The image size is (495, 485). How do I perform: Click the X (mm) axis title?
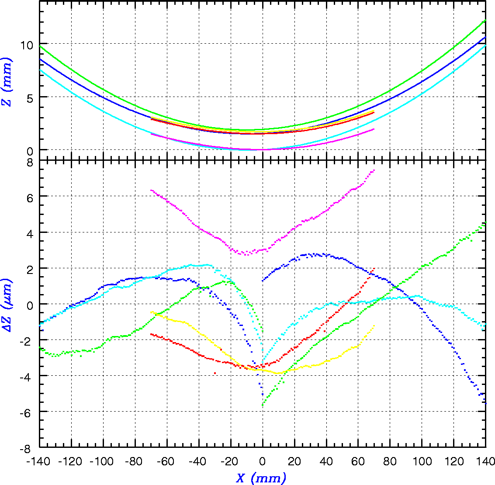261,478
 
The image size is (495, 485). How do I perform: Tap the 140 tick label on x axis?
485,461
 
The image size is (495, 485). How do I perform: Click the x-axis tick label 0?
263,461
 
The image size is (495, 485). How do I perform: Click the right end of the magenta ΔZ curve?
374,170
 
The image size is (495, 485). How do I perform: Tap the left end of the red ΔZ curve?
151,334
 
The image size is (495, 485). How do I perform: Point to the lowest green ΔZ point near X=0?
263,406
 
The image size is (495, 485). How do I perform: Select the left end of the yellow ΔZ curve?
151,312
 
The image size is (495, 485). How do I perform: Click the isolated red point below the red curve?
215,373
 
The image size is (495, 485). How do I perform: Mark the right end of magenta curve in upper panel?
374,129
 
